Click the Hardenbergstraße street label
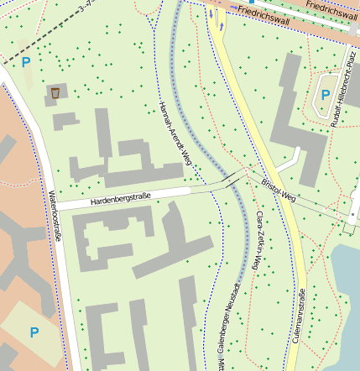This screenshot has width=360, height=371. pyautogui.click(x=119, y=198)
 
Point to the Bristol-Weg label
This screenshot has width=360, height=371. pyautogui.click(x=279, y=189)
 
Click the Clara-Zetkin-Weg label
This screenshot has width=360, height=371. pyautogui.click(x=257, y=240)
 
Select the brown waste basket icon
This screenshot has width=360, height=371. pyautogui.click(x=55, y=92)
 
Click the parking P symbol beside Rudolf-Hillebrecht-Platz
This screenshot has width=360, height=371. pyautogui.click(x=325, y=95)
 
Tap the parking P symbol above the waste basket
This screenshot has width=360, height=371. pyautogui.click(x=26, y=62)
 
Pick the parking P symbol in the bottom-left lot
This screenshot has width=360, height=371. pyautogui.click(x=34, y=332)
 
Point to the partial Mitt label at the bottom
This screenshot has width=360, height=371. pyautogui.click(x=221, y=364)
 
